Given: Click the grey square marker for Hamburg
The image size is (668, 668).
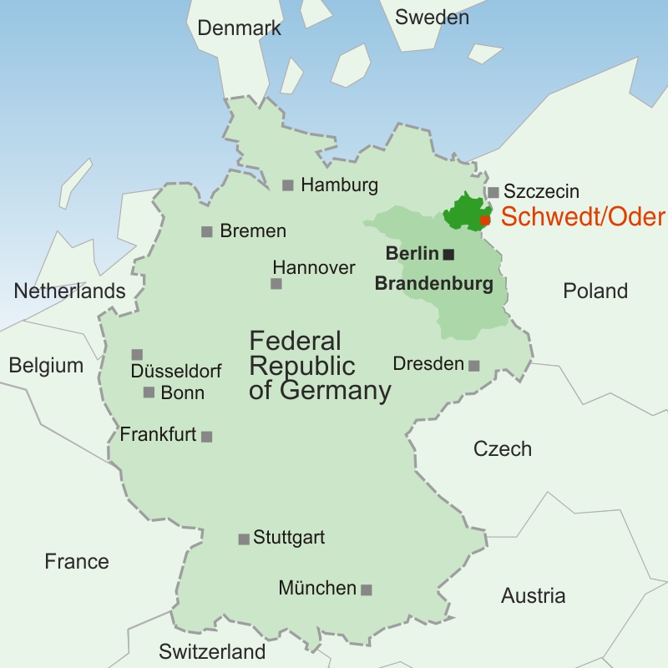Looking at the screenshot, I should (287, 185).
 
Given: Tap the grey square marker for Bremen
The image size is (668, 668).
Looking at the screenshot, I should (206, 231).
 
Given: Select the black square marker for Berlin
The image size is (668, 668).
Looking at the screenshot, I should (448, 254).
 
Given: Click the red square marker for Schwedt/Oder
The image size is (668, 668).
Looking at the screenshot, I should (485, 220).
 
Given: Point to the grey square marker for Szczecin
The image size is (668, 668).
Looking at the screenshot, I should (493, 192).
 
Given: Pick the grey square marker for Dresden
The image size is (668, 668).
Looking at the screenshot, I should (473, 365).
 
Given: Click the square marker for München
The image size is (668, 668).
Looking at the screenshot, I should (366, 590).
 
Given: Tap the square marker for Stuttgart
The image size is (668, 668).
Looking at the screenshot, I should (244, 539).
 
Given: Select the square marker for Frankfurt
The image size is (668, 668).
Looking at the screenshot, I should (206, 436).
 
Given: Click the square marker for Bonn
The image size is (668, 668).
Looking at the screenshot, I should (149, 392).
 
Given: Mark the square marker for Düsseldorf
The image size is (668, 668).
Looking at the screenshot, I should (137, 355).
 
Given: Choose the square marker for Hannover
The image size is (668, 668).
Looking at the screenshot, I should (276, 284).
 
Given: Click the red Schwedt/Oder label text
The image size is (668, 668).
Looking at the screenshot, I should (583, 217).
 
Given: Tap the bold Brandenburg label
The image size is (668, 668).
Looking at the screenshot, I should (433, 284).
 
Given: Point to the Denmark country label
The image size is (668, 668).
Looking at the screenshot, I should (239, 28).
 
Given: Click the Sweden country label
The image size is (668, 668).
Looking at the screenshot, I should (432, 17).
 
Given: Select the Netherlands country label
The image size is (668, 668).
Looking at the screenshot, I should (69, 291).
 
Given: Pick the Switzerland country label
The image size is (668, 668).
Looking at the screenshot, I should (212, 651).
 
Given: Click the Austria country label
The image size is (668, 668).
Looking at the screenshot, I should (533, 596).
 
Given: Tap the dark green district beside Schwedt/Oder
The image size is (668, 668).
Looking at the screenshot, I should (462, 212).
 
